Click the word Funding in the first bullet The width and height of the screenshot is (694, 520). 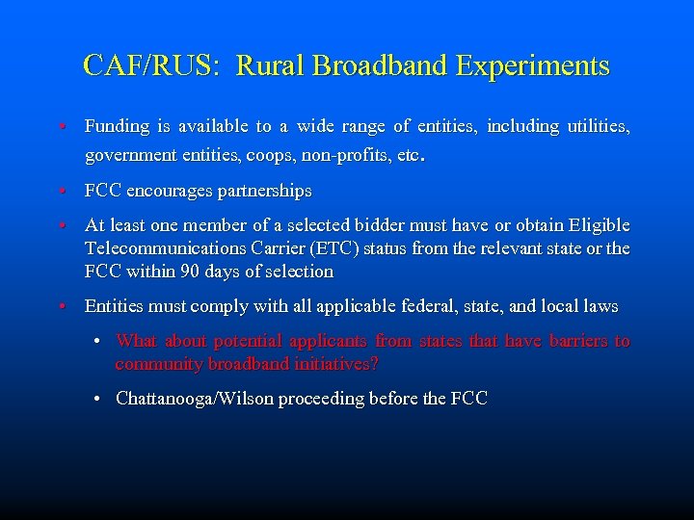point(118,126)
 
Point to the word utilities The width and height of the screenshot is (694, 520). point(594,126)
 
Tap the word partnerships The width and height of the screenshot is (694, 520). point(265,192)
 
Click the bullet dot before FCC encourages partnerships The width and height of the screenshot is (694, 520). point(61,192)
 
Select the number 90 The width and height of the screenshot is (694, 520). point(188,272)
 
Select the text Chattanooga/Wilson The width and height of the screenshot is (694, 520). point(195,398)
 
